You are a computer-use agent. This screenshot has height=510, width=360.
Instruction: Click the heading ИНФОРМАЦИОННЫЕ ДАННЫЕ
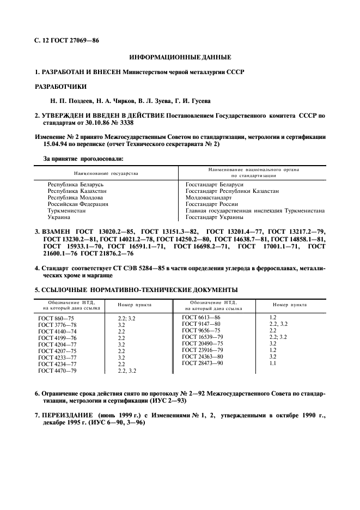180,57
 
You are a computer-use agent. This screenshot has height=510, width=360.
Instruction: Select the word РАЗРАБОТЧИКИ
60,86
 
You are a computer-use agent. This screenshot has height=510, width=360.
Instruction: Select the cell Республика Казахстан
77,191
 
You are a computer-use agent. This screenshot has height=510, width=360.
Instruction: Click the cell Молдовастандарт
209,198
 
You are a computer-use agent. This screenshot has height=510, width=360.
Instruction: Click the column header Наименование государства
106,173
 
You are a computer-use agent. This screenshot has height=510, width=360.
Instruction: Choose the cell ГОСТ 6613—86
201,317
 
